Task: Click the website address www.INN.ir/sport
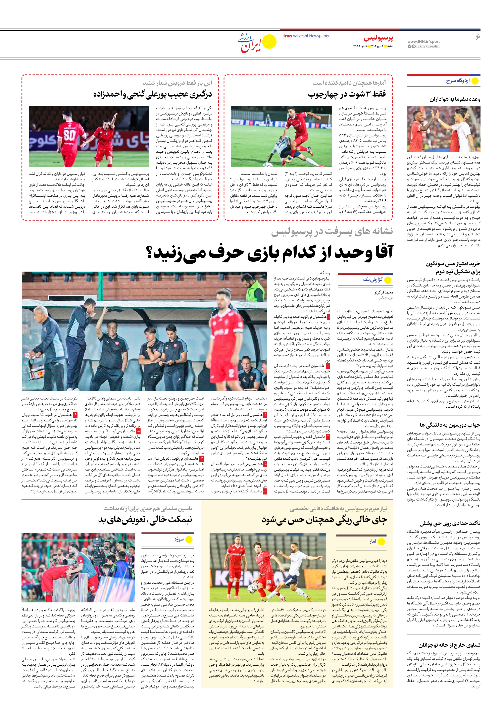click(x=423, y=41)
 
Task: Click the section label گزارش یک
click(x=373, y=279)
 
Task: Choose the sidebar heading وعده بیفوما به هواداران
click(x=455, y=99)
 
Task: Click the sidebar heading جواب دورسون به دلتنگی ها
click(x=450, y=425)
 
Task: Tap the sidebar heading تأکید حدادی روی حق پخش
click(x=450, y=523)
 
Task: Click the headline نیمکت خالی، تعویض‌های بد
click(x=145, y=519)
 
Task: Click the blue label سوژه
click(x=179, y=539)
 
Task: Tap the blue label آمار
click(x=373, y=541)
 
